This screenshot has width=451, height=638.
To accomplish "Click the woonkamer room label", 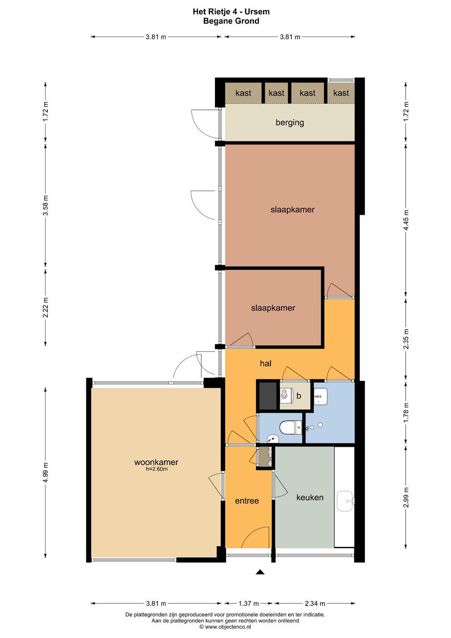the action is click(156, 462).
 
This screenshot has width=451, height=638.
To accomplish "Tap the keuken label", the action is click(310, 497).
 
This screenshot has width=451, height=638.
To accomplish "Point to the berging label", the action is click(290, 123).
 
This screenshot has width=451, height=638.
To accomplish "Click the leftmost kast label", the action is click(243, 93).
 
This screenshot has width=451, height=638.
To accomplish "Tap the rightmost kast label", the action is click(341, 93).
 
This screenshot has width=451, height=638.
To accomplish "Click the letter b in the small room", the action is click(299, 396).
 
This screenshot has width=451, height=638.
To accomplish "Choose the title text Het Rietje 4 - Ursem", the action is click(231, 12).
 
